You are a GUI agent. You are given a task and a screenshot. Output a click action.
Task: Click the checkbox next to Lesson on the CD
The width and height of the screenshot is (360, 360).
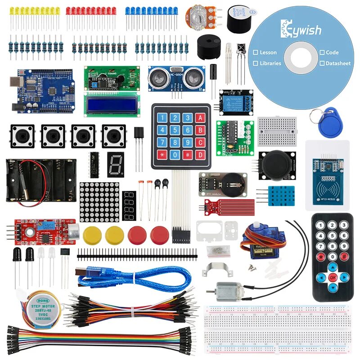pyautogui.click(x=255, y=52)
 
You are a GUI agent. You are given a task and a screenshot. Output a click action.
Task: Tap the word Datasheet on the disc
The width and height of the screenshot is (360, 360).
pyautogui.click(x=338, y=63)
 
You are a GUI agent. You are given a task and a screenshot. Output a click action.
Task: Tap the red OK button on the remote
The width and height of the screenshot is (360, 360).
pyautogui.click(x=333, y=277)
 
